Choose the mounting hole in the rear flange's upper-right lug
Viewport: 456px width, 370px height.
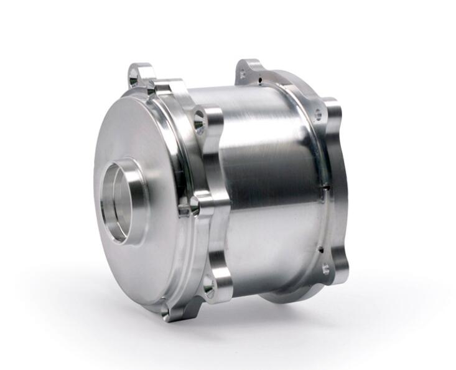tap(319, 115)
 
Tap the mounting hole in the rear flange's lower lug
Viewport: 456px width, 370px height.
tap(325, 269)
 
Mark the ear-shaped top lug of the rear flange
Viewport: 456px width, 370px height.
tap(249, 69)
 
